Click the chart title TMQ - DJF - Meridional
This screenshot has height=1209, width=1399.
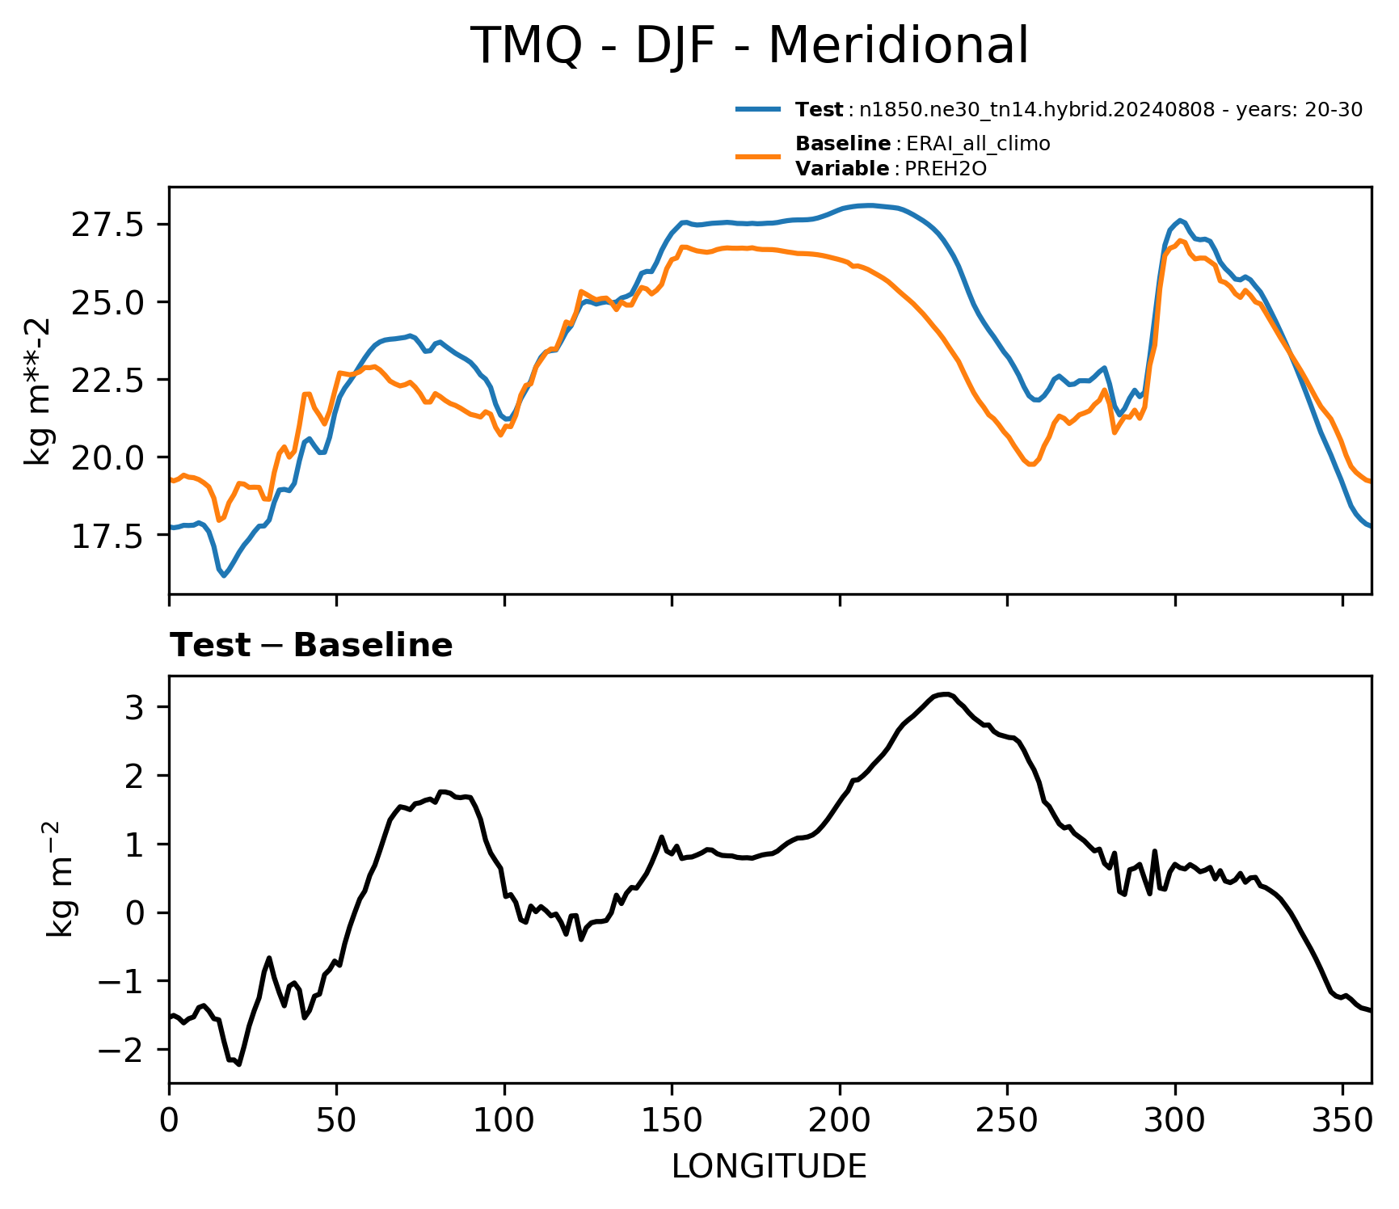[749, 46]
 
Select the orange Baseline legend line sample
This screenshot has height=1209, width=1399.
[758, 156]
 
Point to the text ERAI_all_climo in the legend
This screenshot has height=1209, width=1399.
[978, 145]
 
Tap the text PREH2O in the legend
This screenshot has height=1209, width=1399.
[945, 169]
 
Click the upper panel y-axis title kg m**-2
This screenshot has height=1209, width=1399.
[38, 391]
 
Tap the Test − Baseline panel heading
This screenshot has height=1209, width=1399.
[311, 646]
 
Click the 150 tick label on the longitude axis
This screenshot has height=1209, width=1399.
[672, 1121]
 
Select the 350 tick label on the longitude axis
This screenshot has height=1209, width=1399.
[1342, 1121]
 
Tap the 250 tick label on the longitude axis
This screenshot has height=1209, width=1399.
[1007, 1121]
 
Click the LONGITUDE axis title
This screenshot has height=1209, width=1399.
[769, 1167]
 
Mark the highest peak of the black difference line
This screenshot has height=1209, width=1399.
[946, 694]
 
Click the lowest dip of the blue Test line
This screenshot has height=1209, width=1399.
[224, 575]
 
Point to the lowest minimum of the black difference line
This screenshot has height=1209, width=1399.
[239, 1064]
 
